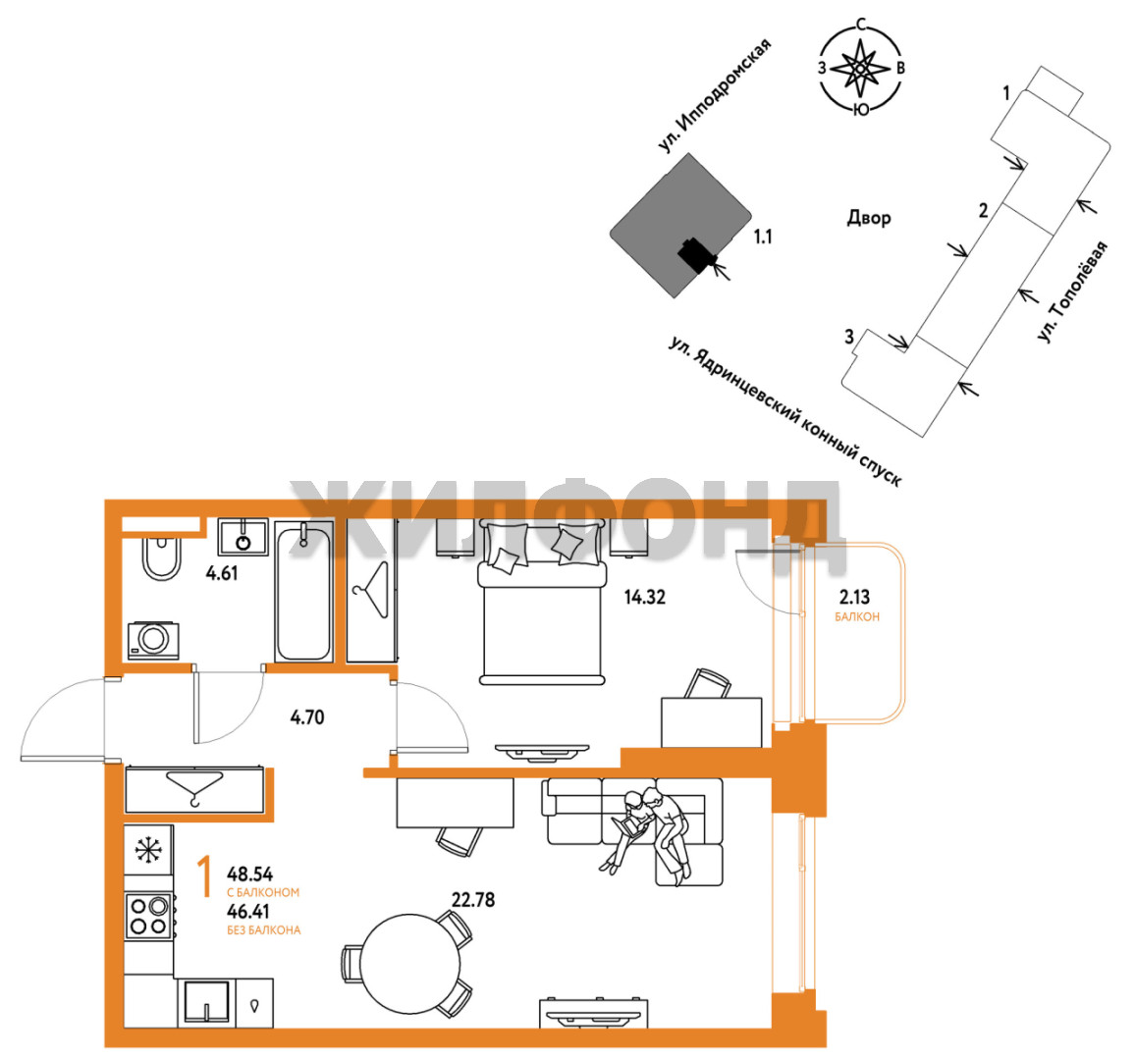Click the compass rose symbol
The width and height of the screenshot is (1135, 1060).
pyautogui.click(x=861, y=68)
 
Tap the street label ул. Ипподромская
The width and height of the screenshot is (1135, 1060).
pyautogui.click(x=714, y=95)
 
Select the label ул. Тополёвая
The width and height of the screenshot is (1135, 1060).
pyautogui.click(x=1072, y=291)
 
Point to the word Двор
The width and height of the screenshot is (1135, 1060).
pyautogui.click(x=869, y=217)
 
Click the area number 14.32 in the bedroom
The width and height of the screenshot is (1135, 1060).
pyautogui.click(x=644, y=597)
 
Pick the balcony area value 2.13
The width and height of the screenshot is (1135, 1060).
pyautogui.click(x=854, y=597)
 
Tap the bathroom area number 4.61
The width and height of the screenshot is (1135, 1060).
pyautogui.click(x=222, y=573)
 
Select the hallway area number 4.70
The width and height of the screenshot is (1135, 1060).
pyautogui.click(x=307, y=717)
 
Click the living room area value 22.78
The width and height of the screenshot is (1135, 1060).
pyautogui.click(x=473, y=899)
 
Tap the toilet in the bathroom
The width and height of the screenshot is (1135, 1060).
pyautogui.click(x=161, y=557)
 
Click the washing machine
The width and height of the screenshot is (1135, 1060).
pyautogui.click(x=153, y=640)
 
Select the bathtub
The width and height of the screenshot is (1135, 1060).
pyautogui.click(x=304, y=591)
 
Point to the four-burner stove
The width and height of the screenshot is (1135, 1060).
pyautogui.click(x=149, y=916)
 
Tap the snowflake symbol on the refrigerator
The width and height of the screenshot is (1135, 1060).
pyautogui.click(x=149, y=849)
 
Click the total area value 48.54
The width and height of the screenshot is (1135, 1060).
pyautogui.click(x=249, y=874)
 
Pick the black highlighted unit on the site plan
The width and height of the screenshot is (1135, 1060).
pyautogui.click(x=696, y=254)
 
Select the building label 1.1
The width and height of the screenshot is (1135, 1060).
pyautogui.click(x=763, y=237)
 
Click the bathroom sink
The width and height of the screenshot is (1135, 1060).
pyautogui.click(x=243, y=537)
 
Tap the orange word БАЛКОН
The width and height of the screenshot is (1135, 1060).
pyautogui.click(x=857, y=617)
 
